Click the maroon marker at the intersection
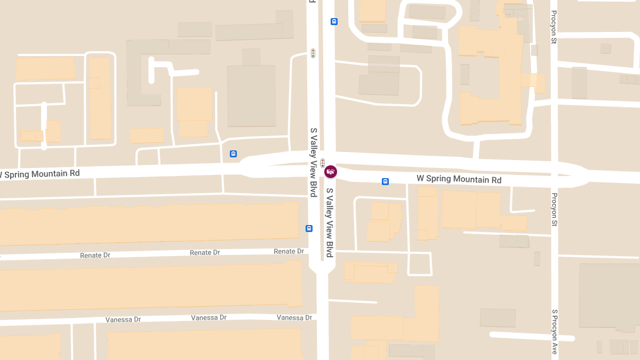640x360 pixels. pos(331,172)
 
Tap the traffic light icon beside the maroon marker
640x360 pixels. pos(323,163)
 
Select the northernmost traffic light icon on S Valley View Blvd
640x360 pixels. pos(314,53)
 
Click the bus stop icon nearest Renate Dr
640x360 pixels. pos(309,228)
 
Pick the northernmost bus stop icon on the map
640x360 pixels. pos(334,22)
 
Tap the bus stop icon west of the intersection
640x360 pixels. pos(233,154)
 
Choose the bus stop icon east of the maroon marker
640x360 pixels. pos(385,181)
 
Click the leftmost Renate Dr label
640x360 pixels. pos(95,255)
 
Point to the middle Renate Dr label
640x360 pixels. pos(205,252)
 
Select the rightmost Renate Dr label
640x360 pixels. pos(289,251)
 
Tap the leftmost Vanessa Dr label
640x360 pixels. pos(123,319)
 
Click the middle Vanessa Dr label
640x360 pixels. pos(209,318)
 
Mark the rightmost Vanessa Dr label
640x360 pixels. pos(294,317)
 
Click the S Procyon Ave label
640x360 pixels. pos(555,332)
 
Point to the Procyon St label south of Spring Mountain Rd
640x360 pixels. pos(555,210)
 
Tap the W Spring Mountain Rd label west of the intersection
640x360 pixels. pos(40,174)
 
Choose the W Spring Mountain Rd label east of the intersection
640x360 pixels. pos(459,179)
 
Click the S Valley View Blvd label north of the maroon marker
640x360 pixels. pos(314,162)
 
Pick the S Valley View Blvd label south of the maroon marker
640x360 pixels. pos(330,219)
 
